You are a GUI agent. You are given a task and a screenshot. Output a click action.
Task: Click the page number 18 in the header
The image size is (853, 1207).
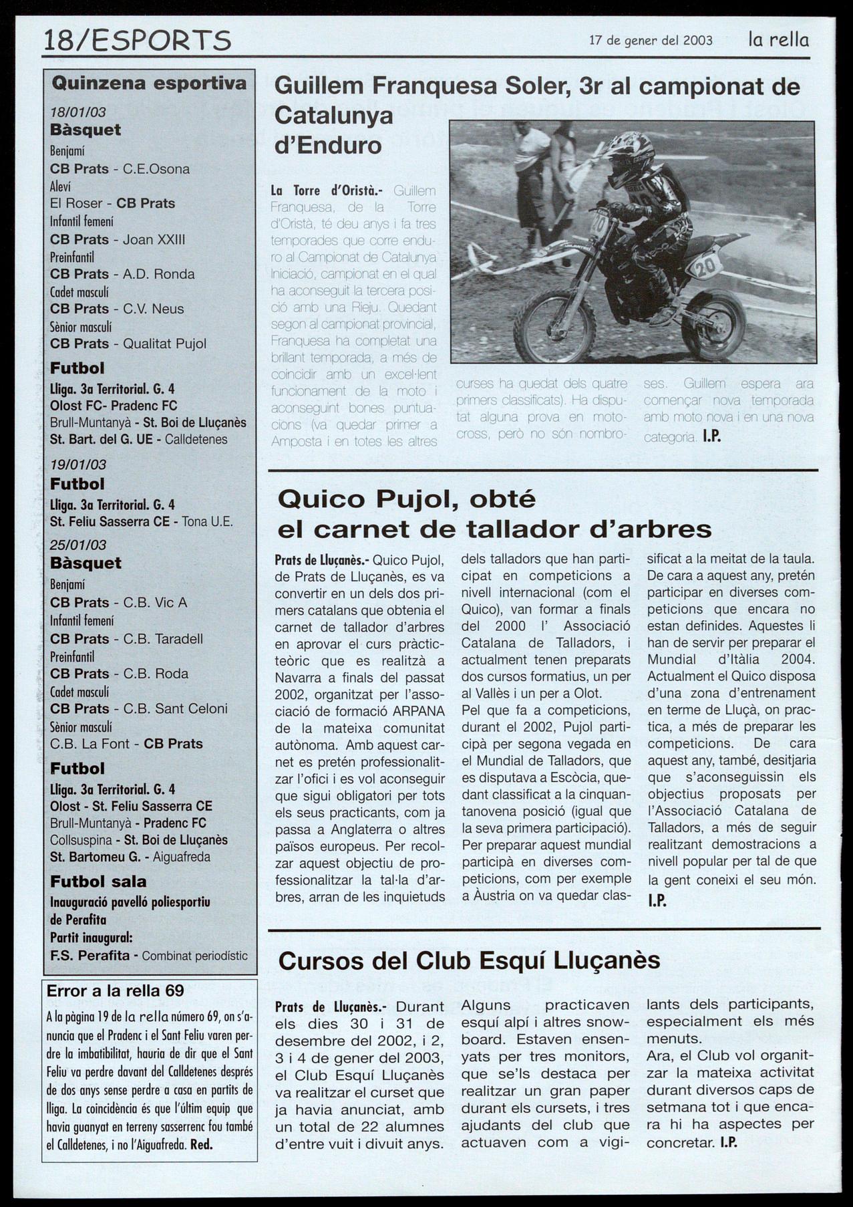pos(59,41)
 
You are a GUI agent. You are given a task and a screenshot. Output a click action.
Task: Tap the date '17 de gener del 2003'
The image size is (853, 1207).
pos(651,40)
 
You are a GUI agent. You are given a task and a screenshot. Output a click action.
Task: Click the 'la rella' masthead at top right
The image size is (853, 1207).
pos(778,39)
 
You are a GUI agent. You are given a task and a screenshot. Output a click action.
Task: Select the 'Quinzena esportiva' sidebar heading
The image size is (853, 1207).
pos(149,84)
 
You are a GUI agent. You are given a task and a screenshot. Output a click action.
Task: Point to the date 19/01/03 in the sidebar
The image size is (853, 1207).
pos(78,464)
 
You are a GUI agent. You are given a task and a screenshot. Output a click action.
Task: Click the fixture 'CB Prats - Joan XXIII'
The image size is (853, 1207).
pos(118,239)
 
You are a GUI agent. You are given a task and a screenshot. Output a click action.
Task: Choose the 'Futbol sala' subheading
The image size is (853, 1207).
pos(98,882)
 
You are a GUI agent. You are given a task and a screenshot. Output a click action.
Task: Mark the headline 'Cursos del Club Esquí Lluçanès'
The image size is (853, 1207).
pos(469,960)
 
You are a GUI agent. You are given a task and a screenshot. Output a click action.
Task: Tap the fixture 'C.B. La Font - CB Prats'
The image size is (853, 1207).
pos(126,743)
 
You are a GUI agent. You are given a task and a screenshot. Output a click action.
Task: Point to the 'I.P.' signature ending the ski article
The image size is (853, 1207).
pos(728,1142)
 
